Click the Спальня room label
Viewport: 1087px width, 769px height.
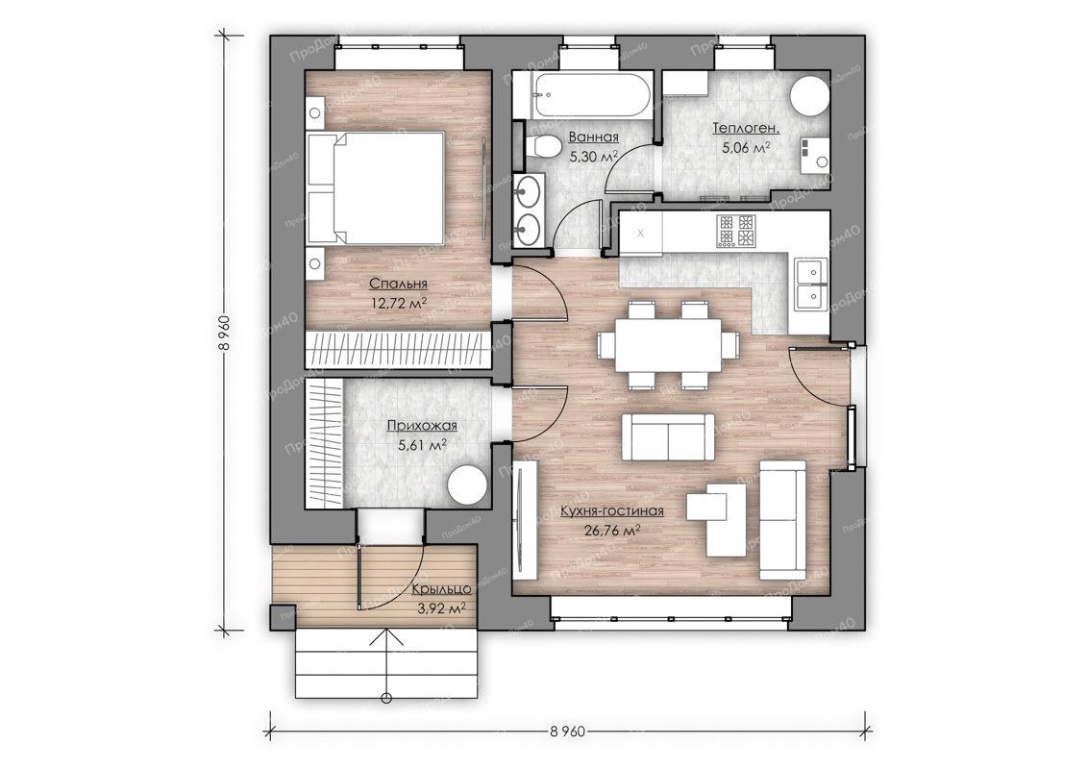[398, 284]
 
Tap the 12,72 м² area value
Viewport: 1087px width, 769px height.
[398, 303]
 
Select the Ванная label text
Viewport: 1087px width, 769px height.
[593, 137]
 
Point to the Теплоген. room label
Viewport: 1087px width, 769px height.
[746, 128]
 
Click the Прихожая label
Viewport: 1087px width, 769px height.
[422, 426]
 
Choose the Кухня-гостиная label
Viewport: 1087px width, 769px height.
[612, 511]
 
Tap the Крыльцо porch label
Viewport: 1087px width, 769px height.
[441, 589]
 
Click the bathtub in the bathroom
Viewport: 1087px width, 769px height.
[591, 95]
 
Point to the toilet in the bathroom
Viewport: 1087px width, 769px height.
[544, 147]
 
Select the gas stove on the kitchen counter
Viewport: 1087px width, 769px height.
[735, 232]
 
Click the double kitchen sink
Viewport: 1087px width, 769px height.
[811, 285]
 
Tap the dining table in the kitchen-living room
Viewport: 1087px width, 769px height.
[668, 345]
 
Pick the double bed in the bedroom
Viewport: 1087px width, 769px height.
[375, 187]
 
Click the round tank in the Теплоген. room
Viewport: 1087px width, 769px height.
[810, 96]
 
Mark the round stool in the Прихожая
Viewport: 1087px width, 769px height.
[466, 485]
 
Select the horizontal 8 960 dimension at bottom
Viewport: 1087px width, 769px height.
[567, 731]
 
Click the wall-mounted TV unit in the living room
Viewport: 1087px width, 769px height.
[525, 521]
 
